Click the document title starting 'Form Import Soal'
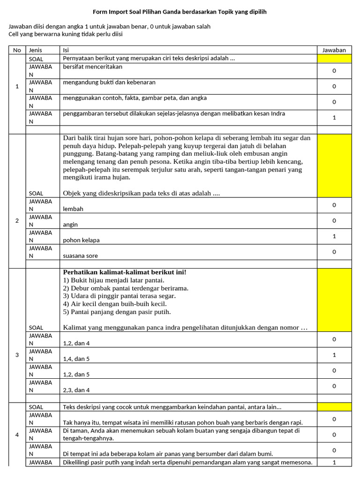coord(180,11)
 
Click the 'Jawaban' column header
coord(334,50)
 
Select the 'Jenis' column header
coord(36,50)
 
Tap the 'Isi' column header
coord(65,50)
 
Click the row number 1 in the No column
coord(17,86)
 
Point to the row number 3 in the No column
coord(17,355)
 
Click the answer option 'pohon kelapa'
coord(81,240)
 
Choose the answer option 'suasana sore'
coord(80,256)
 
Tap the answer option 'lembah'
coord(73,209)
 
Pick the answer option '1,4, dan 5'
coord(76,359)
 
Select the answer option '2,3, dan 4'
coord(76,390)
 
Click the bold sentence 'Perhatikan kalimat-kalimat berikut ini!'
coord(124,272)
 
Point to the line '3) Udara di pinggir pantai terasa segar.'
coord(120,296)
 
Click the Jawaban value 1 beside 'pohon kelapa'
coord(334,236)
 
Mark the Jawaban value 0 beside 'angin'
coord(334,221)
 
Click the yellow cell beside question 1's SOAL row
coord(334,59)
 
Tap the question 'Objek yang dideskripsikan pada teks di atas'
coord(141,193)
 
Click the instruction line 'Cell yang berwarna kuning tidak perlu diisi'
coord(66,34)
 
